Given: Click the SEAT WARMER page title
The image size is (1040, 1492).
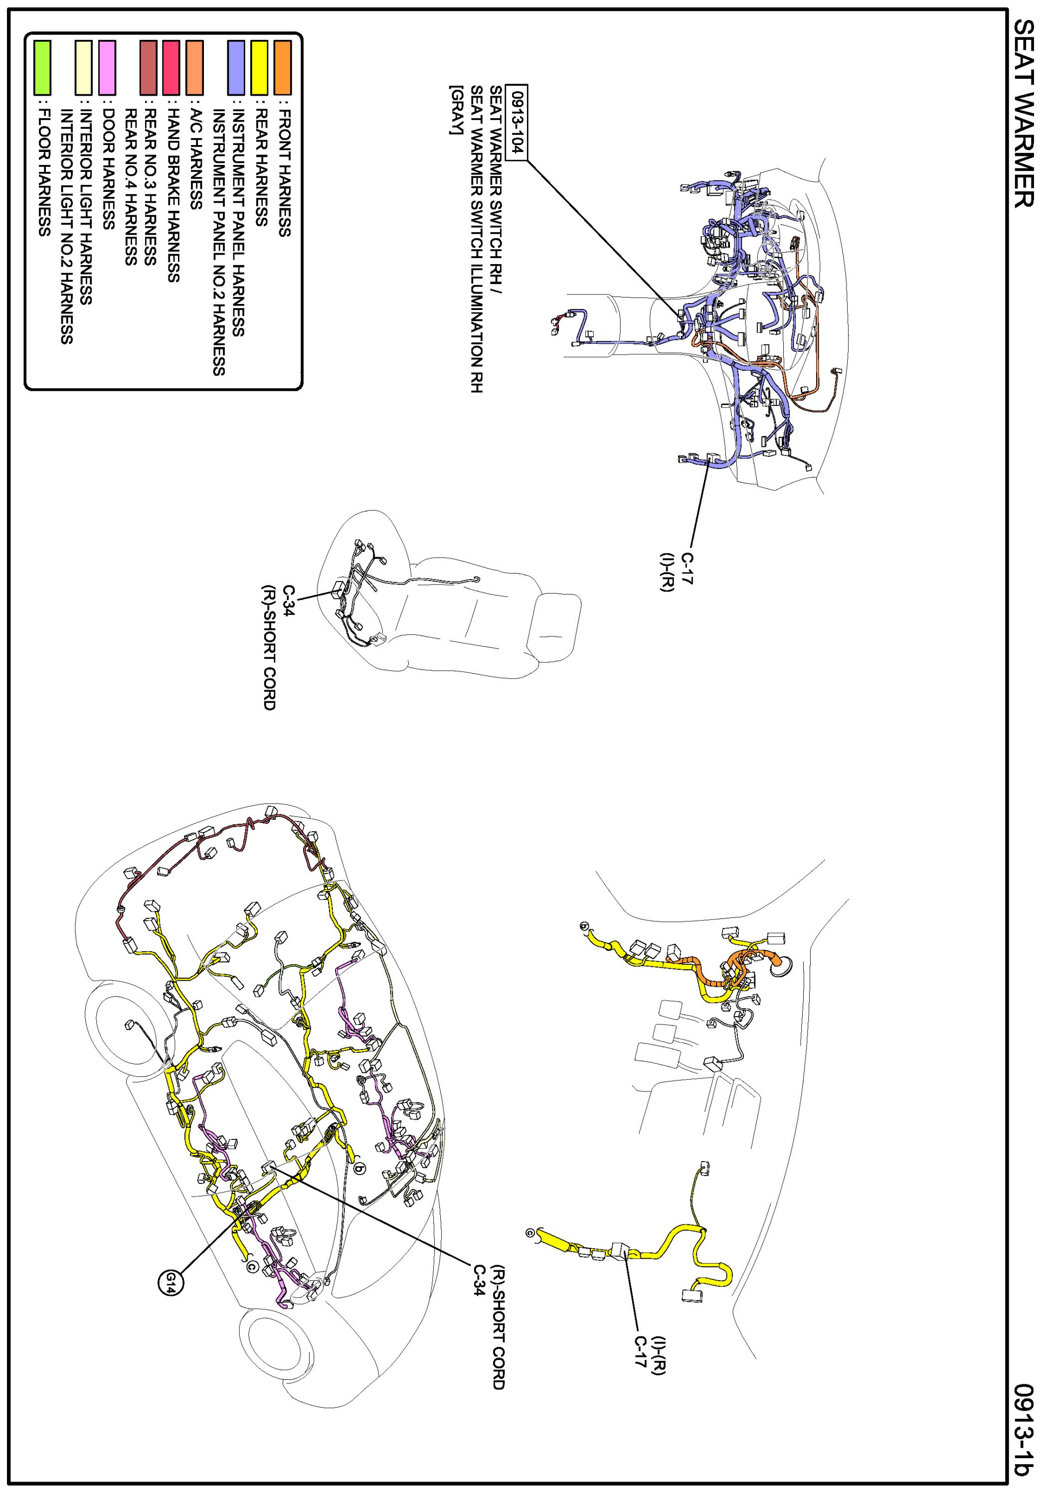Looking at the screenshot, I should click(x=1023, y=113).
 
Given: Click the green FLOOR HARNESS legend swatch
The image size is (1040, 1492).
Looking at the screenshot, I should click(x=42, y=67).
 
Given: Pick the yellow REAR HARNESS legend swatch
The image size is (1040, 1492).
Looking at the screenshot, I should click(x=259, y=67).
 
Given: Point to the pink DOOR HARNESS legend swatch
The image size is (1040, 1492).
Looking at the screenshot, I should click(x=107, y=67).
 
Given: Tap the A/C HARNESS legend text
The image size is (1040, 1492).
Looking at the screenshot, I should click(x=195, y=159).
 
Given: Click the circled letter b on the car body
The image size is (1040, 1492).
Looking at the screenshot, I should click(x=360, y=1168).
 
